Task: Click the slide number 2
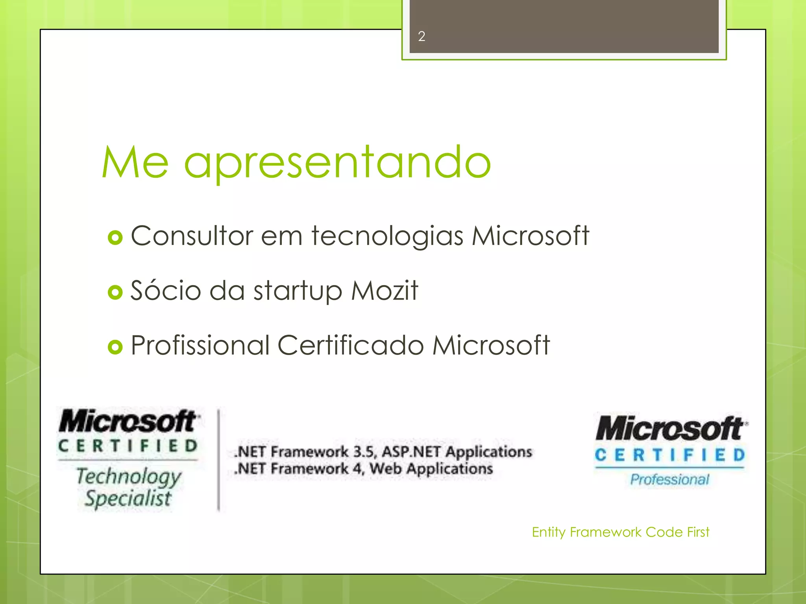421,37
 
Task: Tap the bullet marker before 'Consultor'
115,238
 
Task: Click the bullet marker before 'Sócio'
115,292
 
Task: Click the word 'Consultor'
192,236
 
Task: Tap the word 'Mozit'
385,291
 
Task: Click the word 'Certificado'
351,345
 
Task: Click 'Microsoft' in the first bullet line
530,236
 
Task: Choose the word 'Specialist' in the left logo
128,499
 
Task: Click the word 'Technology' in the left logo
129,477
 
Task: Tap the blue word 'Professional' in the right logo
669,479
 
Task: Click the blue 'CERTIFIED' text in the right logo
670,455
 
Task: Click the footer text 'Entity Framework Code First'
620,532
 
